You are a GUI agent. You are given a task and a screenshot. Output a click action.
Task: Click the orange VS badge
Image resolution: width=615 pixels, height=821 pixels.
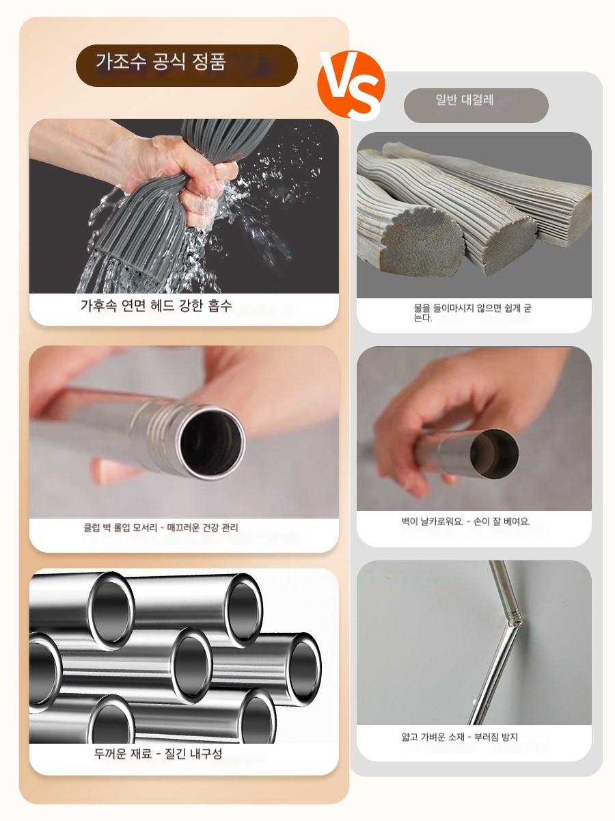point(351,86)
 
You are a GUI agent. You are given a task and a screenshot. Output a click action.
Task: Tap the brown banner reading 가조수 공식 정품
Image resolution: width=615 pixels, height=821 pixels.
point(187,66)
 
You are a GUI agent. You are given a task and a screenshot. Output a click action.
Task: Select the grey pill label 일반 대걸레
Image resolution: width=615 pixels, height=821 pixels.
point(476,105)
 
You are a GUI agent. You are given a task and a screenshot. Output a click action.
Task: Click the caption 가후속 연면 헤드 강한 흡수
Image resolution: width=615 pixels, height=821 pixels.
point(156,306)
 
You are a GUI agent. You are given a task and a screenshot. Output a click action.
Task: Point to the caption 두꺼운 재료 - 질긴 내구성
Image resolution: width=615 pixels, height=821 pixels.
point(158,753)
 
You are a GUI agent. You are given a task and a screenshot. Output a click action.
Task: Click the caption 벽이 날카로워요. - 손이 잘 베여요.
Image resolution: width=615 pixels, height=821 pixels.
point(465,522)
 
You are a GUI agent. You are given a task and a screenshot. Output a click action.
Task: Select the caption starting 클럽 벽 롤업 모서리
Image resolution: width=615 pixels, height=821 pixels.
point(161,527)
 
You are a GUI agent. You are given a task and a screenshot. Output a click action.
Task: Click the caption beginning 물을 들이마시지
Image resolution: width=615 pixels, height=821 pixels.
point(472,313)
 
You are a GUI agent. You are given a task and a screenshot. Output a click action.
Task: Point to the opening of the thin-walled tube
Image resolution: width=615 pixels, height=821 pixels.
point(494,454)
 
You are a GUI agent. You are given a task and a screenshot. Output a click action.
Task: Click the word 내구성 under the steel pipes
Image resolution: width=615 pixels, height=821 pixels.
point(206,753)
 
